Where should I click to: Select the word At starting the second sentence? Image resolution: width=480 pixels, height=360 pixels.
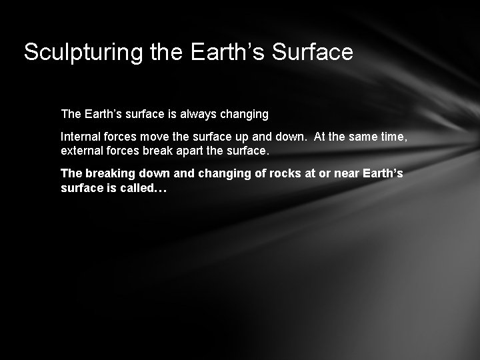(320, 137)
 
